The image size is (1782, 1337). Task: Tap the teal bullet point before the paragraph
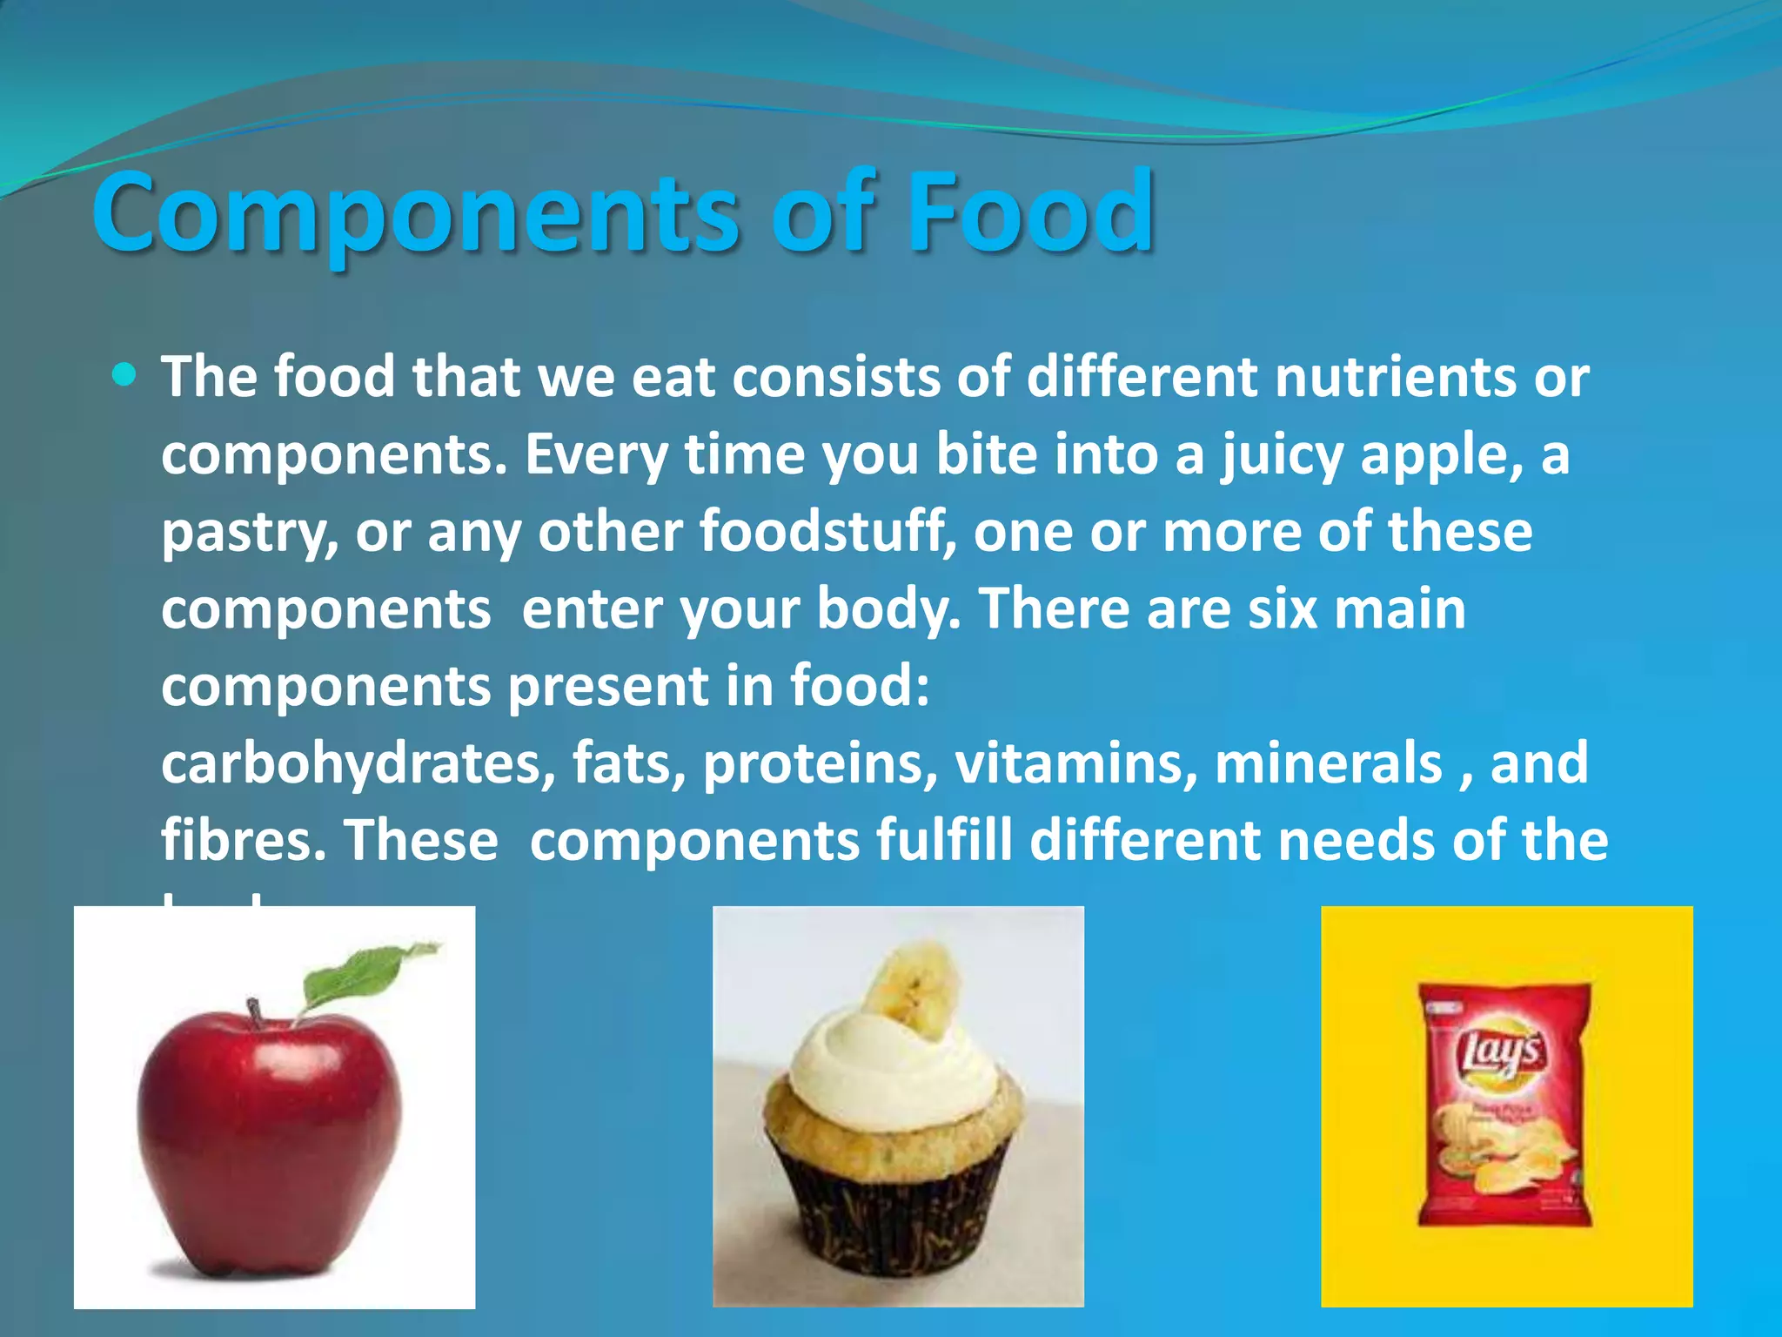click(125, 375)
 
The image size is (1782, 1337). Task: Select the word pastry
click(249, 534)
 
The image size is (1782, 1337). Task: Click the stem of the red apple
click(255, 1015)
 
